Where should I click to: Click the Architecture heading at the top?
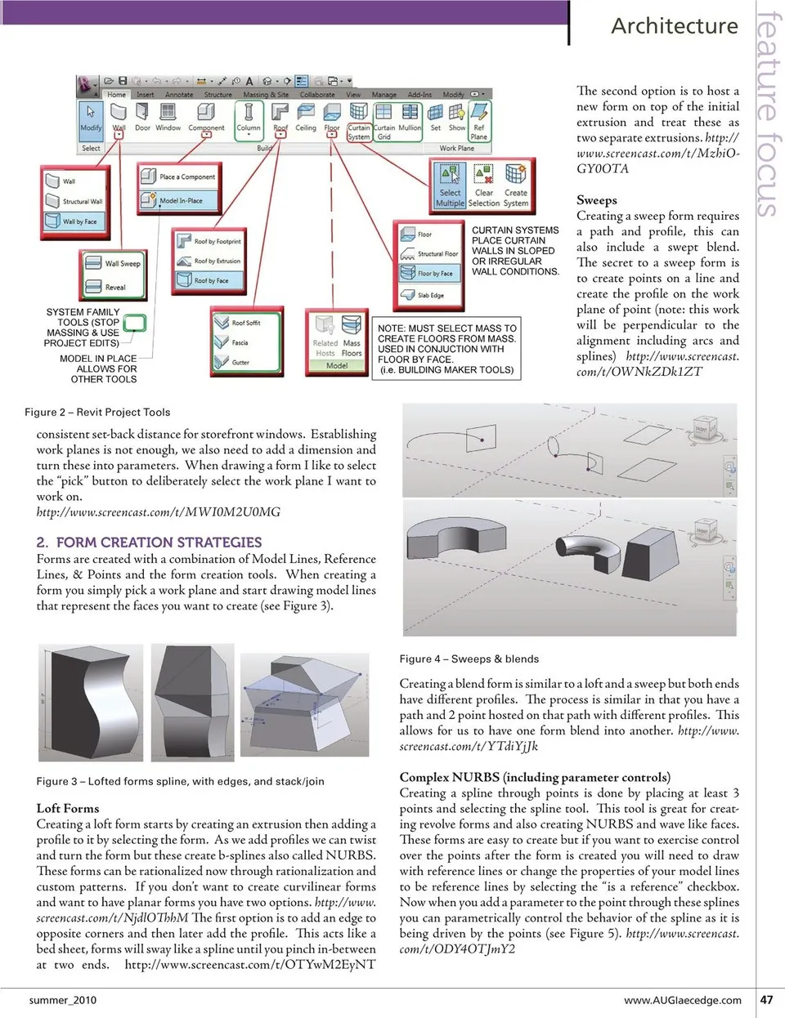click(674, 26)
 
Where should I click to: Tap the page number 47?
click(766, 999)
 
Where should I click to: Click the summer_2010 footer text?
click(63, 1000)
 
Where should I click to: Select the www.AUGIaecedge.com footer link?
click(682, 1000)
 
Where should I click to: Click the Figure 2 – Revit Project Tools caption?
click(97, 413)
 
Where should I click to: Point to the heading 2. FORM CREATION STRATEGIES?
click(149, 542)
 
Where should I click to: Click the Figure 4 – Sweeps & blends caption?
click(469, 659)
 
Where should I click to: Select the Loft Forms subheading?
click(68, 808)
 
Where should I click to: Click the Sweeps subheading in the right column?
click(596, 200)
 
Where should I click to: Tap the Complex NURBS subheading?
click(535, 777)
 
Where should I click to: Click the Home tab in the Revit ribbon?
click(117, 95)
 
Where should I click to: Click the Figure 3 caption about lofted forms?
click(180, 781)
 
